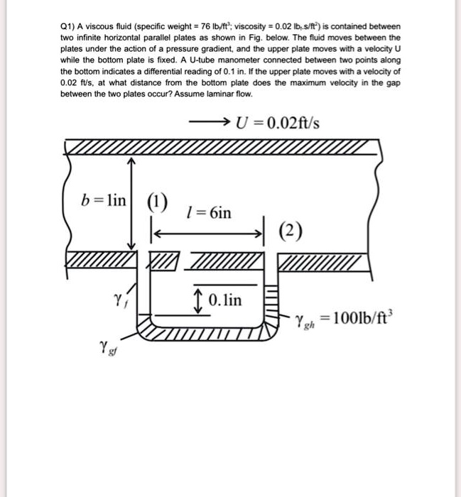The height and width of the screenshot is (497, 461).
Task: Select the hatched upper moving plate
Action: pyautogui.click(x=220, y=148)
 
